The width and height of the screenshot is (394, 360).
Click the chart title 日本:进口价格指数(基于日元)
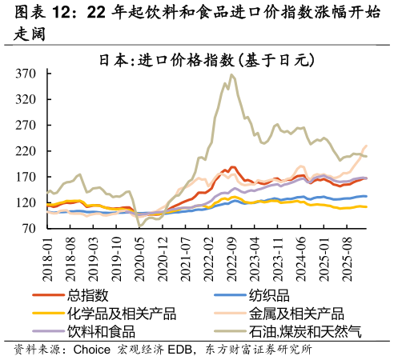click(x=206, y=60)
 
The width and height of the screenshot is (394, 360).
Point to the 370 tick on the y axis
click(x=27, y=74)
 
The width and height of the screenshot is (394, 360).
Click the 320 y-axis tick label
click(x=27, y=100)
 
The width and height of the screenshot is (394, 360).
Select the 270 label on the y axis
click(x=27, y=126)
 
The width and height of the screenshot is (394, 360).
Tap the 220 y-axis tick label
click(x=27, y=151)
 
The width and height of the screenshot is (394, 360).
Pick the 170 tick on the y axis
click(x=27, y=177)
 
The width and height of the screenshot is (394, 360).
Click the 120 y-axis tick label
click(x=27, y=203)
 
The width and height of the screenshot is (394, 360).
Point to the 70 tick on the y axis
click(x=30, y=229)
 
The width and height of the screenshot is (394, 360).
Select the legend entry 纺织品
click(x=268, y=295)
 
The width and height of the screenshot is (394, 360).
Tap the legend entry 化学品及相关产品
click(x=121, y=313)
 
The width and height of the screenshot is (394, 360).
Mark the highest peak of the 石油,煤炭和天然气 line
click(x=231, y=74)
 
